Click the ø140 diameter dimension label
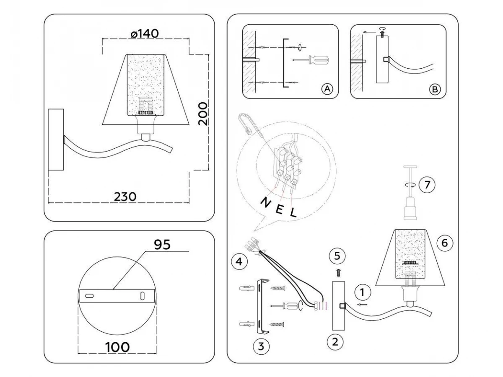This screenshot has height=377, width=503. click(145, 34)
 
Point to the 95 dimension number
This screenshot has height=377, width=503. click(162, 245)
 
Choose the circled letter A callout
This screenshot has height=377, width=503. click(327, 89)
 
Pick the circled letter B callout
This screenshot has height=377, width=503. click(435, 89)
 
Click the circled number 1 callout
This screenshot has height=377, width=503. click(363, 292)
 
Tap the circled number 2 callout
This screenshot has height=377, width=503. click(334, 341)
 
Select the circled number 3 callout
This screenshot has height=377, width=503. click(261, 346)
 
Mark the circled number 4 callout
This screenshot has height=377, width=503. click(239, 262)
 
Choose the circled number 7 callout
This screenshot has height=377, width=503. click(427, 185)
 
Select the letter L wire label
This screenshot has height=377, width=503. click(293, 213)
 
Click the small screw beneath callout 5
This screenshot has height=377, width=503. click(339, 273)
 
